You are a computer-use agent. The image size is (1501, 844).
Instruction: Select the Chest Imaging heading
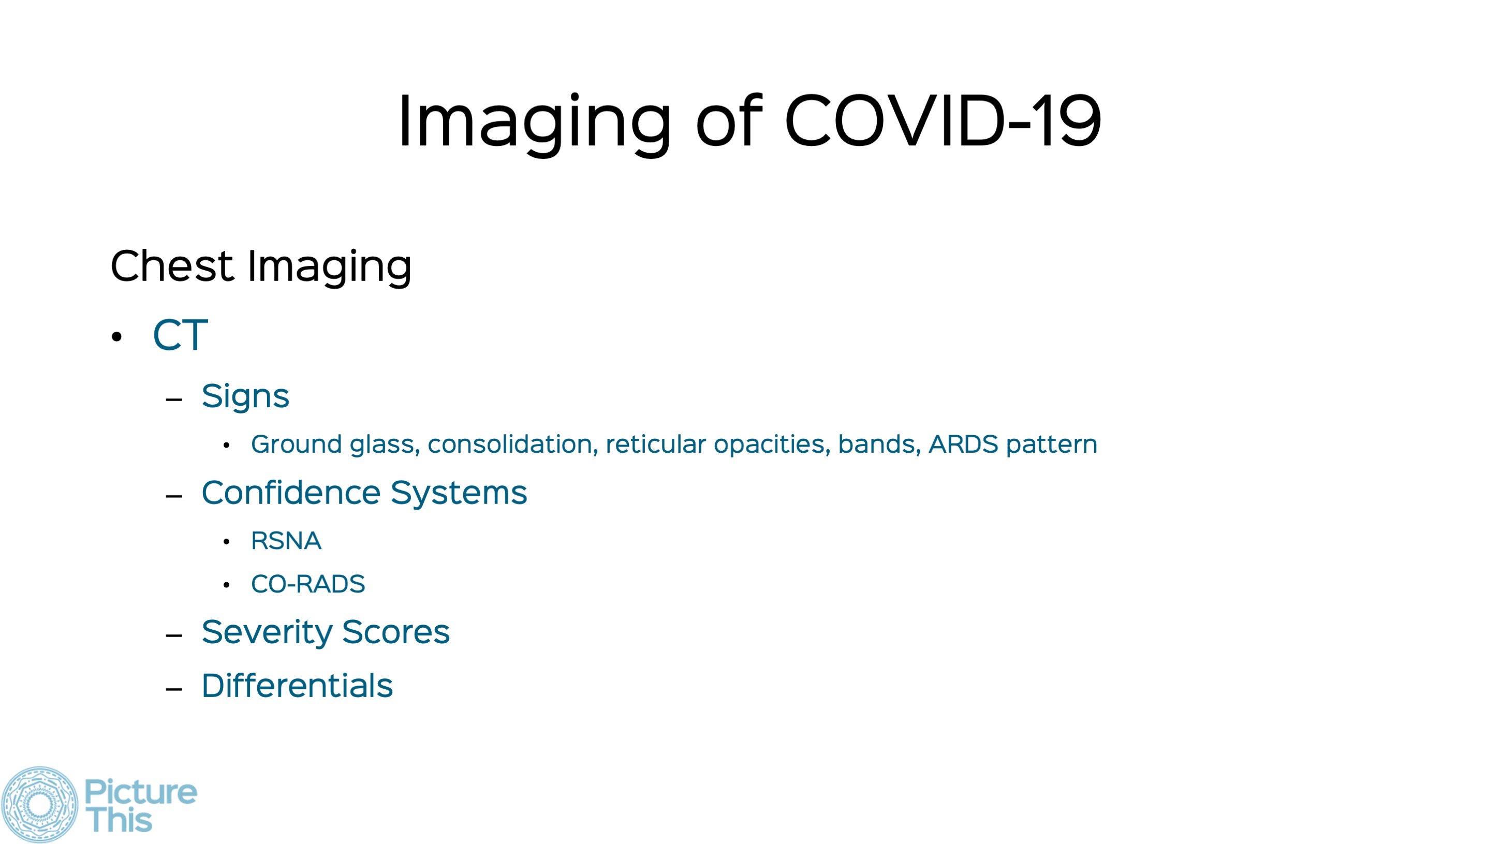point(261,268)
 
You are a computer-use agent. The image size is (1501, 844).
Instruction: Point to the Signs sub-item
point(245,397)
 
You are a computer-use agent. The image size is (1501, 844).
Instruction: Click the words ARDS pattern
point(1013,445)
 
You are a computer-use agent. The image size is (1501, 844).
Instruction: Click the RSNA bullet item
point(286,541)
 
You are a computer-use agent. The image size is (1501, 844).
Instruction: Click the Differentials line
point(297,686)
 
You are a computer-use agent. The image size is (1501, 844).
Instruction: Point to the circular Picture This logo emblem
point(39,804)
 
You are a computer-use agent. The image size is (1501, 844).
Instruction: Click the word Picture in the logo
point(141,792)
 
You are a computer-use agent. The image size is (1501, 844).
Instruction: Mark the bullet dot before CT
point(117,337)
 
